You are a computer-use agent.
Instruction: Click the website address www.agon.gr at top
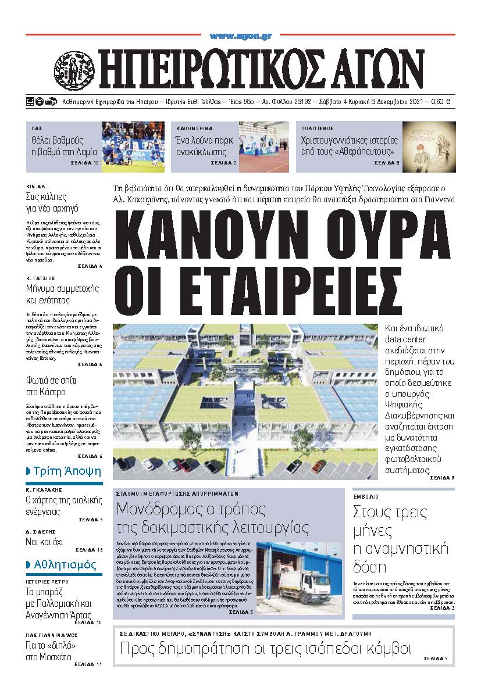click(241, 37)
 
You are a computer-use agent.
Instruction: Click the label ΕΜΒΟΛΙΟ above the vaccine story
click(366, 498)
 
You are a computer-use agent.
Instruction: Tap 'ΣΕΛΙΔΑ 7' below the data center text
click(442, 478)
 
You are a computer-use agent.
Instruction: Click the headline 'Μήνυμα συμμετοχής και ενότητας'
click(62, 295)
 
